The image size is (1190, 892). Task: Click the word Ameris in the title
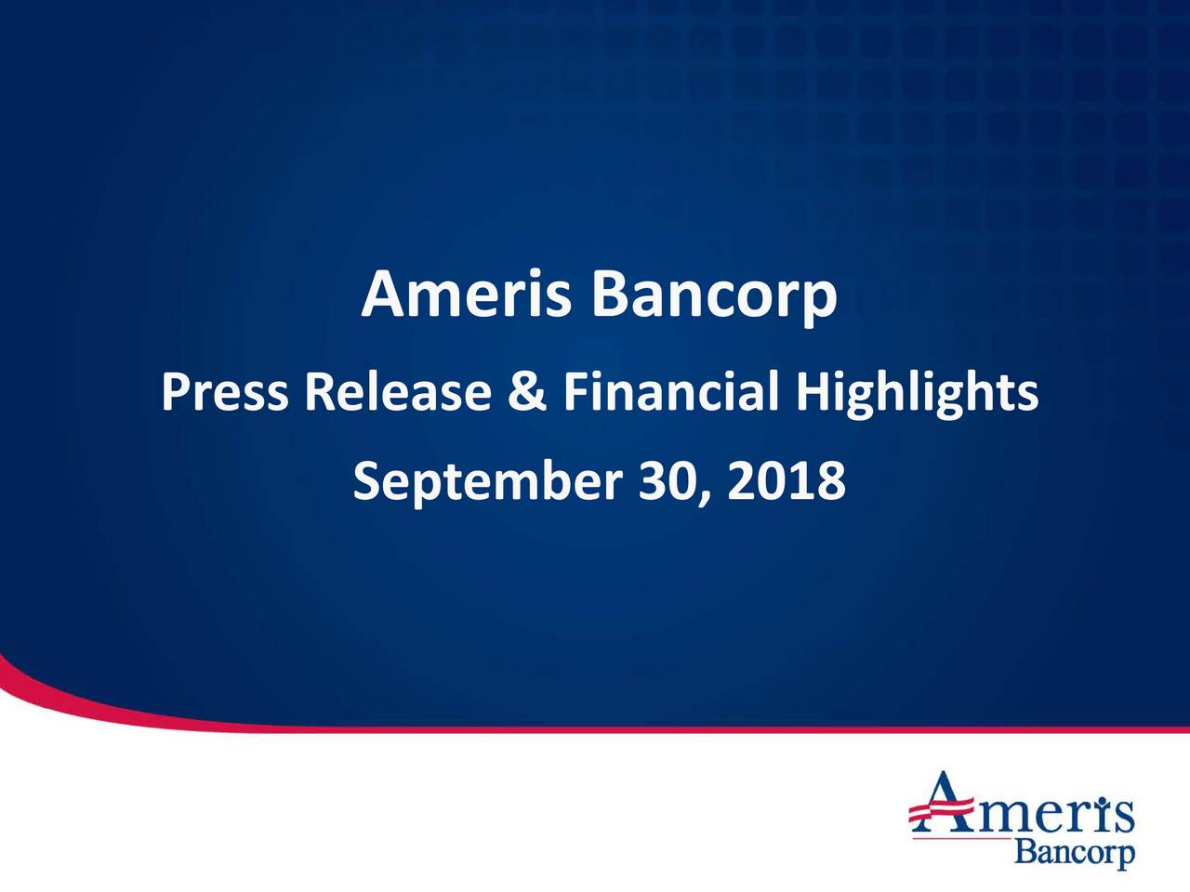tap(467, 295)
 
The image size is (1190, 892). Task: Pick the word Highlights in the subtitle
tap(917, 394)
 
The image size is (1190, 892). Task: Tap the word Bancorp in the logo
tap(1074, 852)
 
